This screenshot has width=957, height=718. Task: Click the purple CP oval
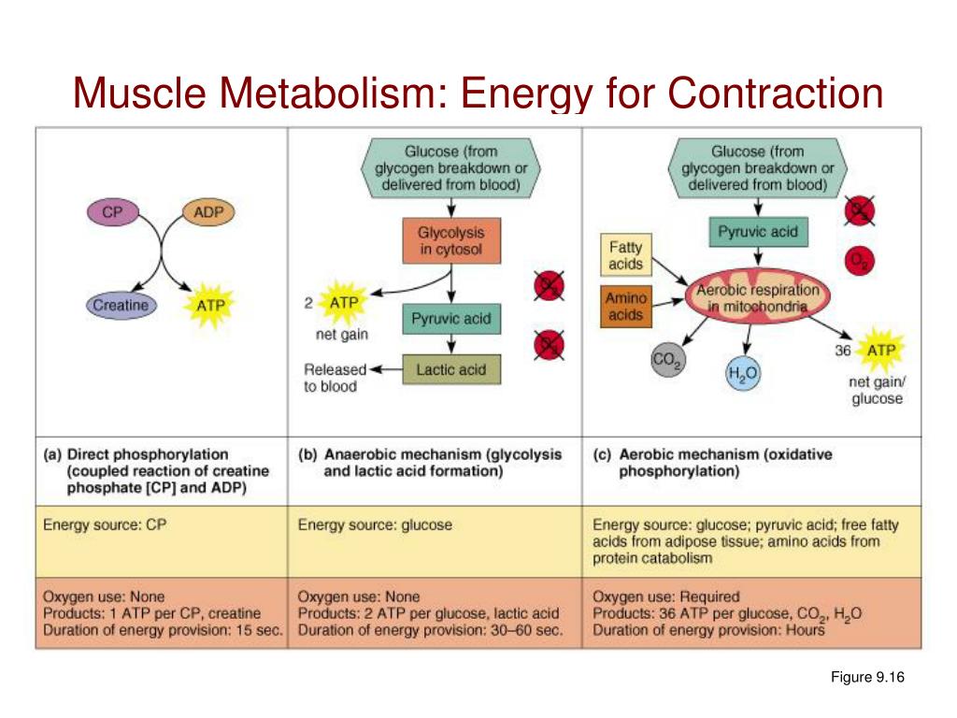pos(112,212)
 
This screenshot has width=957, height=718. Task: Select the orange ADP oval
pos(207,212)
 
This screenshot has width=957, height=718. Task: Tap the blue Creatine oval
pos(121,304)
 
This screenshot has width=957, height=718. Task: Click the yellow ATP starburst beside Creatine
pos(211,304)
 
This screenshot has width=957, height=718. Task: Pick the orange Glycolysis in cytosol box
pos(450,240)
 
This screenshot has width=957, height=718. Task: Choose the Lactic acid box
pos(450,369)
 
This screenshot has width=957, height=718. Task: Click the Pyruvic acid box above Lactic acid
pos(450,320)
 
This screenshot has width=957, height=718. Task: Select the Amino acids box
pos(625,306)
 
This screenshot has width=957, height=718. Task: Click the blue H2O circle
pos(742,373)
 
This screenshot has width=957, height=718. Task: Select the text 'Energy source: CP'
pos(104,524)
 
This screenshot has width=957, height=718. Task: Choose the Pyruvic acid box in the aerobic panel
pos(757,231)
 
